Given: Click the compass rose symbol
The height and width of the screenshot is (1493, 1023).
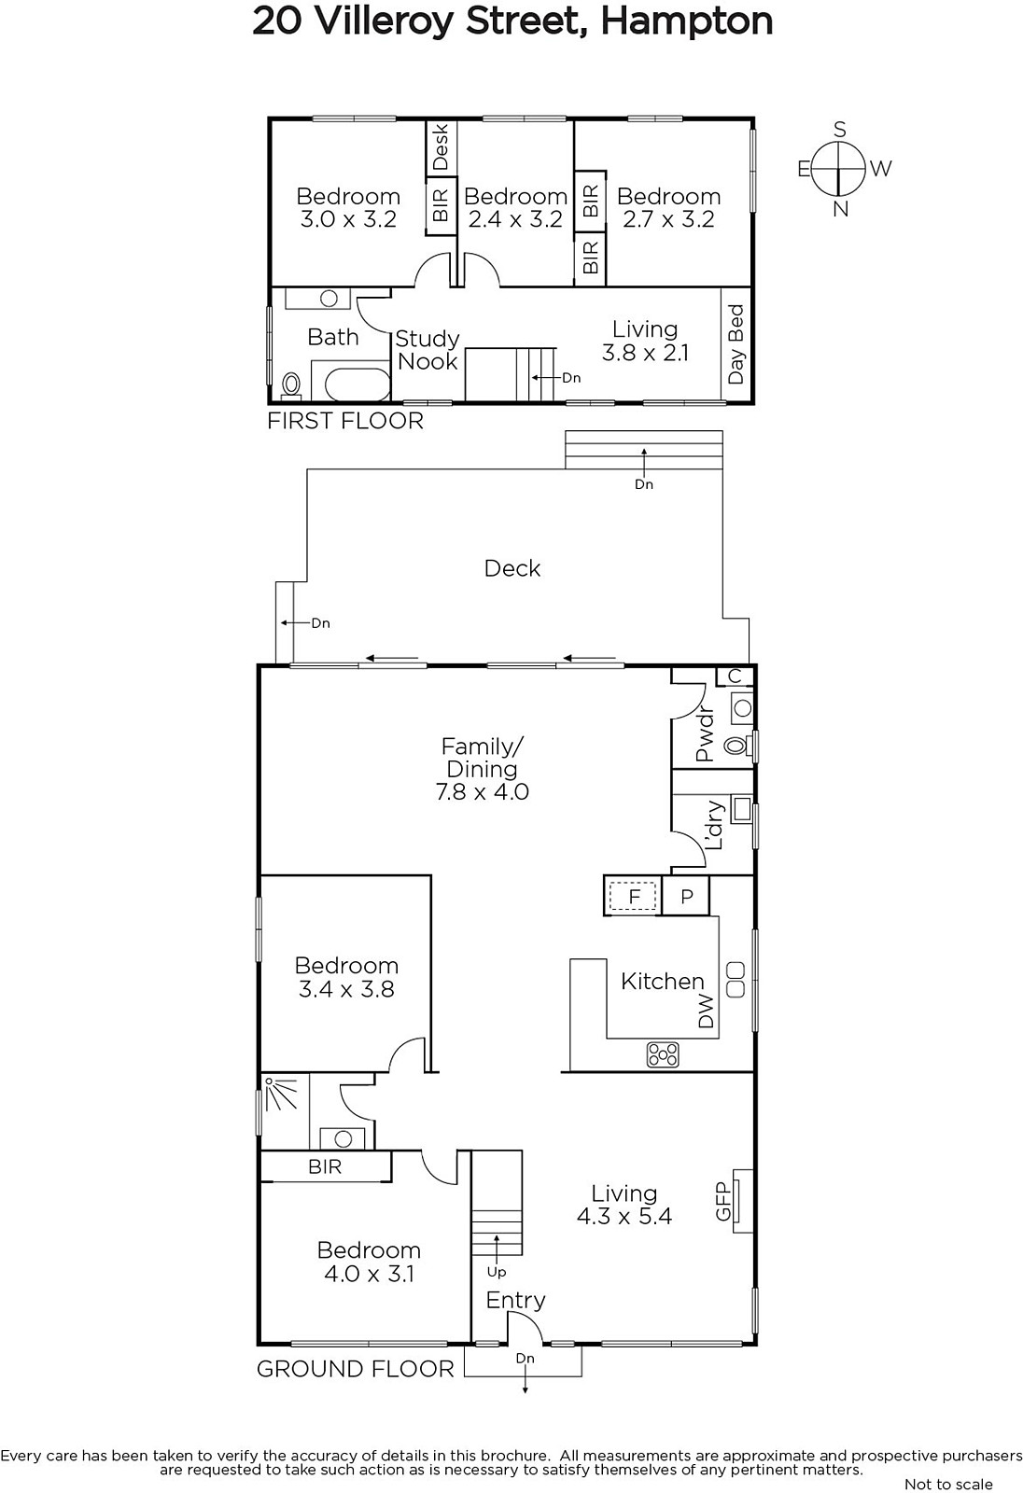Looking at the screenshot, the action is pyautogui.click(x=839, y=169).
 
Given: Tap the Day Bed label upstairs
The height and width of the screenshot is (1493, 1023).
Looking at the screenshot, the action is pyautogui.click(x=736, y=344).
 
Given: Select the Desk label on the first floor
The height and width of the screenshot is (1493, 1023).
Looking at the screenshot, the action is pyautogui.click(x=441, y=147).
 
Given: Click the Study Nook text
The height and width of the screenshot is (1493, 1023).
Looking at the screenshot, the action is pyautogui.click(x=427, y=350).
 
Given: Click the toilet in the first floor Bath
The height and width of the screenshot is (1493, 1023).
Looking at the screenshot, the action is pyautogui.click(x=291, y=385).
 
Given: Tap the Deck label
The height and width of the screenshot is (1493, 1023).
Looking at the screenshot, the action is pyautogui.click(x=512, y=568).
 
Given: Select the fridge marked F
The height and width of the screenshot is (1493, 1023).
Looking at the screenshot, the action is pyautogui.click(x=634, y=896).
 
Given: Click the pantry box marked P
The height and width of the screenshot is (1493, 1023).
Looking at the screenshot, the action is pyautogui.click(x=686, y=897).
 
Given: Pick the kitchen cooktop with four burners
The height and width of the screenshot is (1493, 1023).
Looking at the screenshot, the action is pyautogui.click(x=662, y=1054).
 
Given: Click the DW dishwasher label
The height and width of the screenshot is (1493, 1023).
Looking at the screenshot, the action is pyautogui.click(x=706, y=1012).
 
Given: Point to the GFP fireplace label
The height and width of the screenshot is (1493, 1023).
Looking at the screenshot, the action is pyautogui.click(x=723, y=1201).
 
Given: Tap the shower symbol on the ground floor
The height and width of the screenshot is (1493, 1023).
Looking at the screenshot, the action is pyautogui.click(x=281, y=1094).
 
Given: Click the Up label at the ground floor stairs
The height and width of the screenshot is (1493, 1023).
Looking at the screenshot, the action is pyautogui.click(x=497, y=1273).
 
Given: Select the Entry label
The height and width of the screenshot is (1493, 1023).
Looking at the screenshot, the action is pyautogui.click(x=515, y=1301).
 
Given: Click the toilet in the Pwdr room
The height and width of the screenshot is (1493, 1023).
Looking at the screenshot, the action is pyautogui.click(x=736, y=746).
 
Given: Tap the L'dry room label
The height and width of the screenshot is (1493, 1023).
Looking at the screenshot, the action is pyautogui.click(x=714, y=825).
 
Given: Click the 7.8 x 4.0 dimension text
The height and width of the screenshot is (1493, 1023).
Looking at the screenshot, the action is pyautogui.click(x=483, y=792).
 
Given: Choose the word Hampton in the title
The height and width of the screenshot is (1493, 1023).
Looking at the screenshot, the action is pyautogui.click(x=687, y=22).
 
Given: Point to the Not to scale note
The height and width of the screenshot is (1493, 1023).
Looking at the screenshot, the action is pyautogui.click(x=948, y=1484).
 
